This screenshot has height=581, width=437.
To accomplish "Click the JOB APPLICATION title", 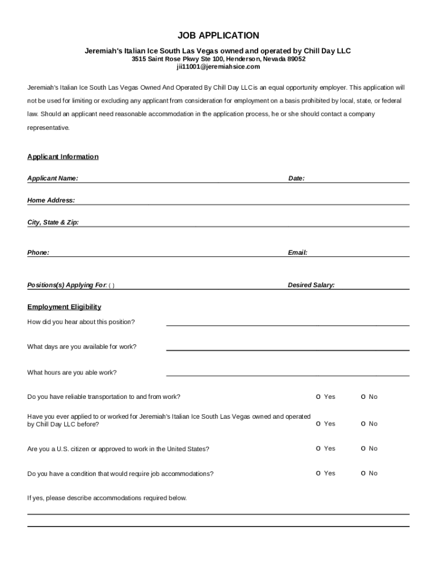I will click(218, 36).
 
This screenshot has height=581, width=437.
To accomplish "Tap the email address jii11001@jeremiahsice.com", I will click(218, 66).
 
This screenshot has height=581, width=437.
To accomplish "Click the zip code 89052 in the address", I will click(295, 59).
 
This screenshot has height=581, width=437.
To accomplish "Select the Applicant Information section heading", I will click(63, 157).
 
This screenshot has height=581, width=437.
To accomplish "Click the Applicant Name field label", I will click(53, 178).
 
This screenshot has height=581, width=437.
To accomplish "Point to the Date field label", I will click(296, 178).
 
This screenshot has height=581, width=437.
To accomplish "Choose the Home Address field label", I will click(51, 200).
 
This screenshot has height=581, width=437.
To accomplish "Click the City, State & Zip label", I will click(53, 222).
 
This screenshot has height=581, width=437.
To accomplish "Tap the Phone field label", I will click(38, 252).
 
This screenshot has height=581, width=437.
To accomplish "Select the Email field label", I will click(297, 252).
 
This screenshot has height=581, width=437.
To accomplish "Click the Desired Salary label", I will click(311, 285).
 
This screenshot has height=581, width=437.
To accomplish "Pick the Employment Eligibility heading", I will click(64, 307).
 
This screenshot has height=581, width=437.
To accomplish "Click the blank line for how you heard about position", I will click(287, 323).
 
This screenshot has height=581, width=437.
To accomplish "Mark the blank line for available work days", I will click(287, 348).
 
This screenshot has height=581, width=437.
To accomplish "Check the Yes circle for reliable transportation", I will click(318, 397).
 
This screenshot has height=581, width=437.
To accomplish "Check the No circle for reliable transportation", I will click(363, 397).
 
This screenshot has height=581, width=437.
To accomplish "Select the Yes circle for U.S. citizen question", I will click(318, 449).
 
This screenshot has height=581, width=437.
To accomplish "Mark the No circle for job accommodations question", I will click(363, 473).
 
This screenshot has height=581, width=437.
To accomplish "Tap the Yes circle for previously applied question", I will click(318, 424).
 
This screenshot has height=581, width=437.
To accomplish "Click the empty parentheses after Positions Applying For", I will click(111, 285).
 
